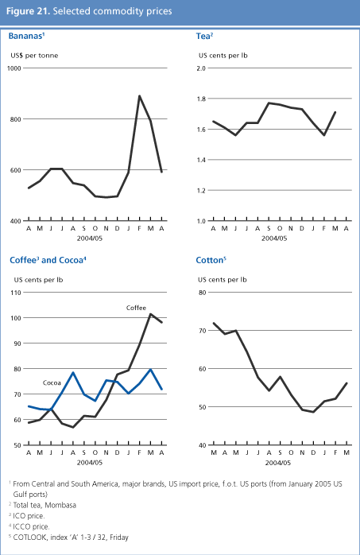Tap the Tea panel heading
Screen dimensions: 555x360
click(x=203, y=37)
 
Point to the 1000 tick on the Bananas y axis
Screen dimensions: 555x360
click(x=14, y=68)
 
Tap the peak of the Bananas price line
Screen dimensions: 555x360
click(x=140, y=96)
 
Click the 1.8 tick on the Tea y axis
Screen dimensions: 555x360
click(x=201, y=99)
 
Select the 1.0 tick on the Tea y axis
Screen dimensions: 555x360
click(x=201, y=220)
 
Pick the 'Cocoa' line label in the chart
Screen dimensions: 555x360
click(x=53, y=382)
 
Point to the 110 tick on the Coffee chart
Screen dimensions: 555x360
click(x=14, y=293)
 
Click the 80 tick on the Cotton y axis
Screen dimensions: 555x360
click(x=201, y=293)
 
